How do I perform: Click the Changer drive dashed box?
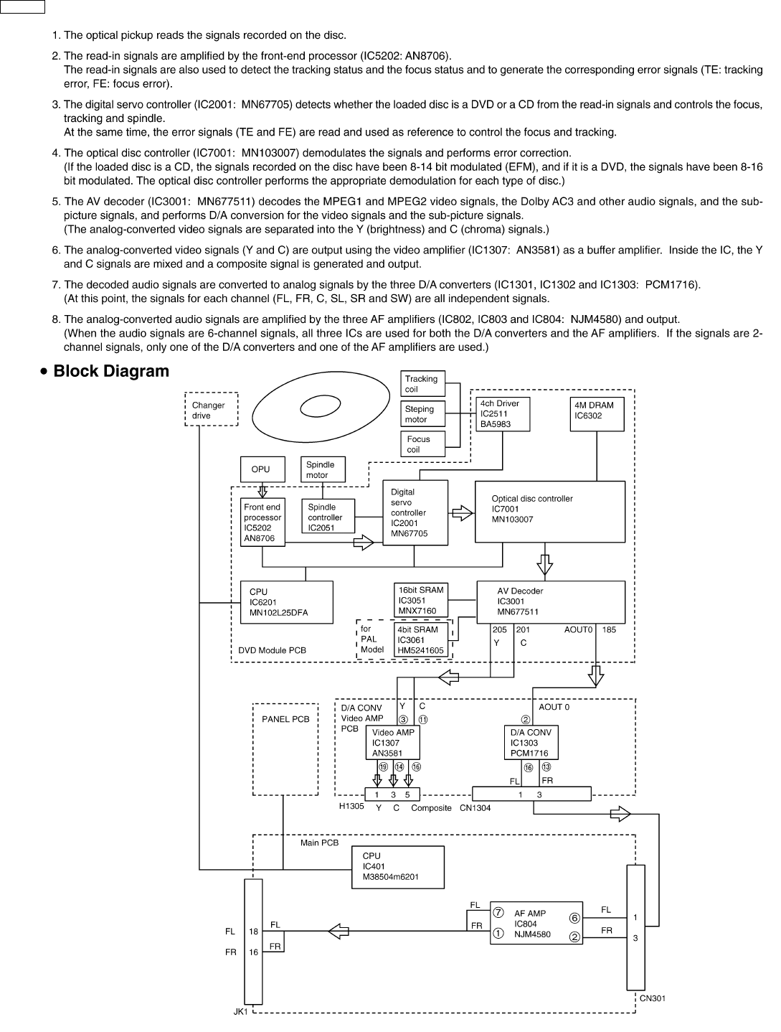point(211,409)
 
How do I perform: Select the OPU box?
point(262,469)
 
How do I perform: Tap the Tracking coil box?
point(423,383)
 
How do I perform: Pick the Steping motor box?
point(423,414)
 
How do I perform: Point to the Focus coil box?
point(423,444)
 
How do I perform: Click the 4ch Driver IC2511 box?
point(503,413)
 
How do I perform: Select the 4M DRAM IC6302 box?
point(596,413)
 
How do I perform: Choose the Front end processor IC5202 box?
point(262,522)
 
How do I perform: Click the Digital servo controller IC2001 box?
point(415,512)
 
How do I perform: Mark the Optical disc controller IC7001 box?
point(550,511)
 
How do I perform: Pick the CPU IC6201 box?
point(286,602)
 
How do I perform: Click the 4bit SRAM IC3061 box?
point(422,639)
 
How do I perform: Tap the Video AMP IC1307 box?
point(393,743)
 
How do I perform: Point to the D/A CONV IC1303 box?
point(531,743)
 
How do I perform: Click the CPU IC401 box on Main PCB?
point(398,866)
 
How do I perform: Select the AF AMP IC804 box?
point(536,924)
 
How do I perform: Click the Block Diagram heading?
point(111,371)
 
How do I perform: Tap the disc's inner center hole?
point(320,405)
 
